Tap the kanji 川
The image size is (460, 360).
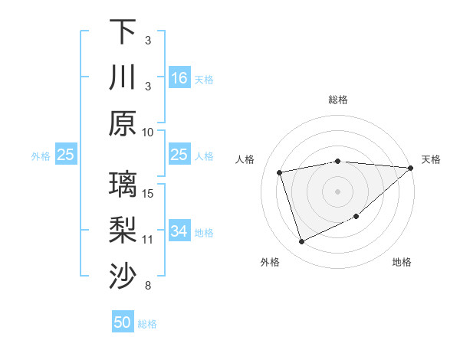tap(123, 77)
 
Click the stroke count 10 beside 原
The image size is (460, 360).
tap(148, 132)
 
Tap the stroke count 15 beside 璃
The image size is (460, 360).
tap(148, 193)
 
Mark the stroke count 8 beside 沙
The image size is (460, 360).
tap(148, 286)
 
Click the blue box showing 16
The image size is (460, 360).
tap(179, 77)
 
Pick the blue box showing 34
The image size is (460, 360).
tap(179, 231)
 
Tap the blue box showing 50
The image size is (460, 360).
tap(123, 322)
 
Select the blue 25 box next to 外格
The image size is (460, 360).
tap(65, 155)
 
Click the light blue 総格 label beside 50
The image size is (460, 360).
tap(147, 324)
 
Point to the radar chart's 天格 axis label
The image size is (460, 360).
tap(431, 159)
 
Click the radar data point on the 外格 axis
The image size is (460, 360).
tap(301, 242)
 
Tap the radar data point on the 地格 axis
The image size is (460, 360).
tap(356, 217)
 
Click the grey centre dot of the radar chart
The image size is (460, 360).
tap(337, 191)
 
